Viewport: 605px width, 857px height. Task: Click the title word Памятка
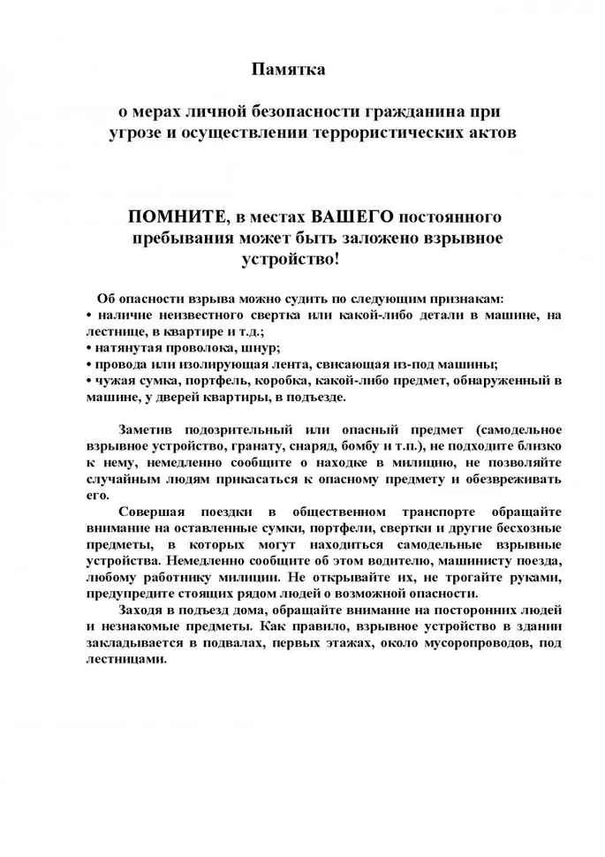[x=289, y=69]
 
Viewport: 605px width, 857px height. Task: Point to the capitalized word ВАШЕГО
[x=353, y=217]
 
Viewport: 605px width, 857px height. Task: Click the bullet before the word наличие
[x=90, y=315]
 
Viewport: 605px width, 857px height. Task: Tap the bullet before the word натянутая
[x=90, y=348]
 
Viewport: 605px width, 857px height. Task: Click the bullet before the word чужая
[x=90, y=381]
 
